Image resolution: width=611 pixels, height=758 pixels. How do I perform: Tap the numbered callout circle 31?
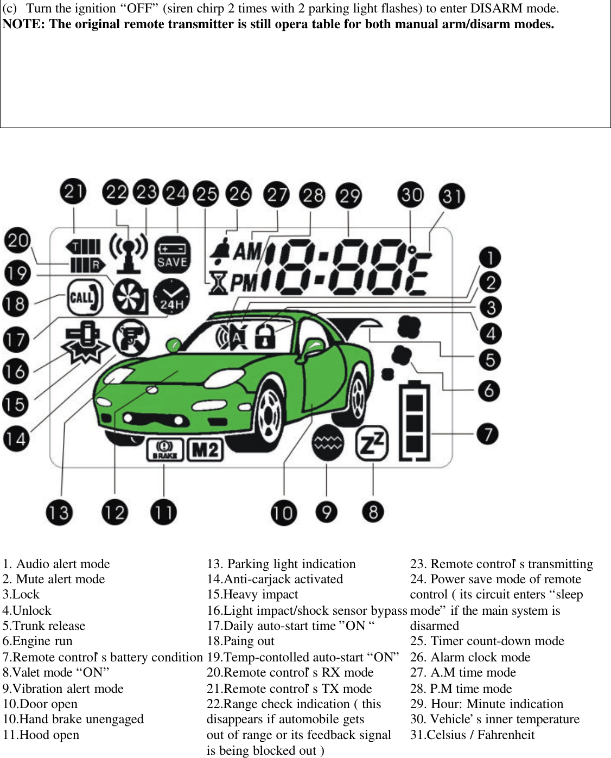[x=451, y=196]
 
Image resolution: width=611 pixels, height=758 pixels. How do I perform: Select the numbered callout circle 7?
[x=487, y=434]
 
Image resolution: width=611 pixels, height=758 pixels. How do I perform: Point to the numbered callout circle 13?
[x=59, y=513]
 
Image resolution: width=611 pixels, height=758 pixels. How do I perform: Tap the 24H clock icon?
[x=171, y=297]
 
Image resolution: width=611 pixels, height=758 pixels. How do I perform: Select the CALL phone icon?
[x=85, y=297]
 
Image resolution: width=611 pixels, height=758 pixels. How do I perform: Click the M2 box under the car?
[x=205, y=450]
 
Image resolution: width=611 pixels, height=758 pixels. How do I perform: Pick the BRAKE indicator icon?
[x=164, y=449]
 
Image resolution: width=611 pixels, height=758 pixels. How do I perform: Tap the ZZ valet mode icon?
[x=372, y=443]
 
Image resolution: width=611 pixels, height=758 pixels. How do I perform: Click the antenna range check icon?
[x=128, y=252]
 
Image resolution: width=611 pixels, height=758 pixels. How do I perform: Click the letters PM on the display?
[x=244, y=283]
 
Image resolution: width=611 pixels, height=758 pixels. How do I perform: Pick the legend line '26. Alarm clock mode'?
[x=470, y=657]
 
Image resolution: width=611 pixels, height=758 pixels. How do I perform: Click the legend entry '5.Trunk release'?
[x=44, y=626]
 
